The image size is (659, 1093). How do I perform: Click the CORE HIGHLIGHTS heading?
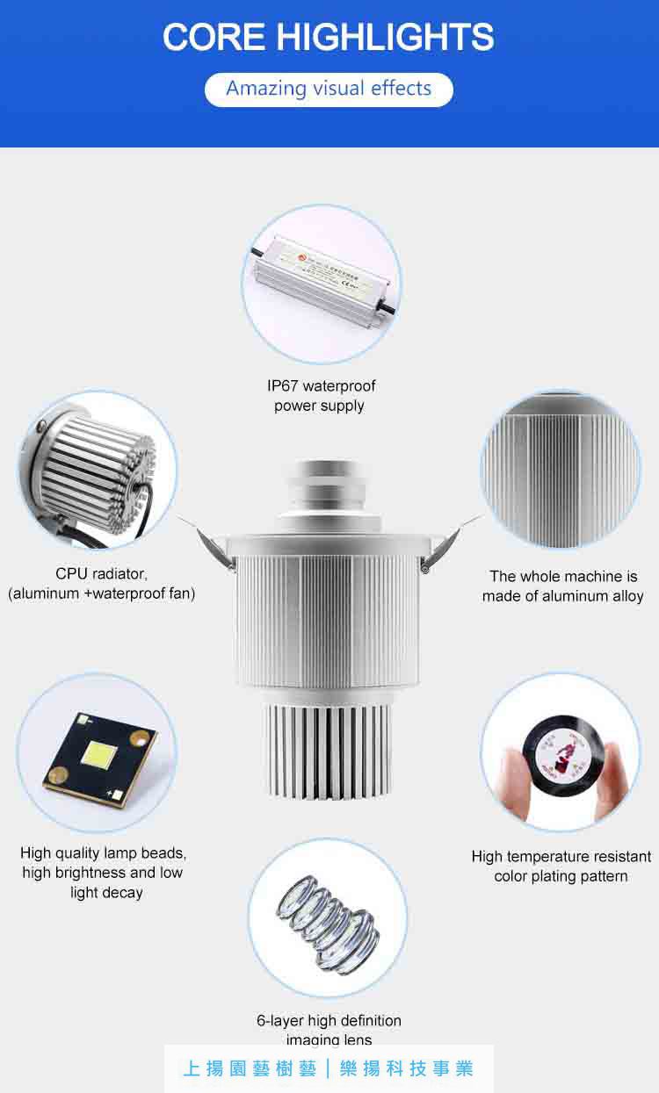click(x=329, y=37)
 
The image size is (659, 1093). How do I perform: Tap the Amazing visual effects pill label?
click(x=329, y=89)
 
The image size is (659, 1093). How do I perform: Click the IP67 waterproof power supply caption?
click(x=320, y=396)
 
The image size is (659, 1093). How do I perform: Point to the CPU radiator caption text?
click(x=102, y=584)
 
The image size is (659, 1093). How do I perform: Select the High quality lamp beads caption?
click(x=104, y=873)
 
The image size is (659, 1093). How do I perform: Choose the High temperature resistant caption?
click(x=561, y=866)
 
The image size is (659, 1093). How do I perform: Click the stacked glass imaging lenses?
click(x=329, y=922)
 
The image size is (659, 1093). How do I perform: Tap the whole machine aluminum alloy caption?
click(x=562, y=586)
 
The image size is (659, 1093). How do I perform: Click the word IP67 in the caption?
click(x=283, y=386)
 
